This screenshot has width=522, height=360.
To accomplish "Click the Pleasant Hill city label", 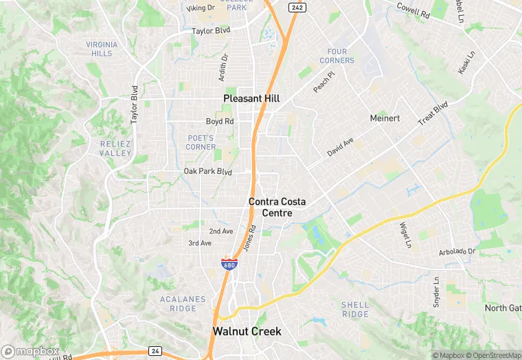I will click(251, 99).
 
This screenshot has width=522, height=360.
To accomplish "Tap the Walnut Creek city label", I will click(247, 331).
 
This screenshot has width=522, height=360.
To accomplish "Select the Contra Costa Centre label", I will click(277, 207).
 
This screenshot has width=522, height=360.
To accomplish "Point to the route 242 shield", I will click(297, 7).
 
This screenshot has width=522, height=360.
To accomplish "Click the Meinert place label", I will click(385, 118).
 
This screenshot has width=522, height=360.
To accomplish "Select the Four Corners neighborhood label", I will click(337, 56).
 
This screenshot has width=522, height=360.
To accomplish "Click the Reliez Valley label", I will click(115, 148).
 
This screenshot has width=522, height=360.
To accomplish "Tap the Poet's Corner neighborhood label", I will click(201, 142).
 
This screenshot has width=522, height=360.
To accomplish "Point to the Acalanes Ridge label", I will click(178, 304).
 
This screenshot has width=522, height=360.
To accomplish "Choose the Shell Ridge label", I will click(355, 309).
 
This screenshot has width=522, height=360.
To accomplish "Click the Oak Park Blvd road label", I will click(208, 171).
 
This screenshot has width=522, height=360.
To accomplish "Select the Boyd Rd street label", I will click(220, 122).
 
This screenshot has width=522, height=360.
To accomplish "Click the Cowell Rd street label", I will click(413, 10).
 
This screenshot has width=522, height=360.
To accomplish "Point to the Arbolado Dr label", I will click(457, 252).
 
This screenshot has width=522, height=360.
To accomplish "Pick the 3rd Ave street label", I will click(200, 243).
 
